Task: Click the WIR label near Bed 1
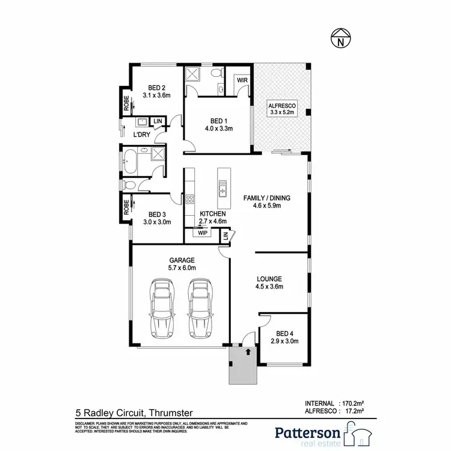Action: tap(242, 80)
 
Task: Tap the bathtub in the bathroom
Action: tap(130, 161)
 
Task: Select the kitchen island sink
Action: tap(222, 191)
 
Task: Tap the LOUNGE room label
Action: tap(269, 278)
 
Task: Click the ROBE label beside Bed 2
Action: tap(126, 106)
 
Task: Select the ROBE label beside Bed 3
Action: tap(126, 206)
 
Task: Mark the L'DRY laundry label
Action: tap(141, 135)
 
